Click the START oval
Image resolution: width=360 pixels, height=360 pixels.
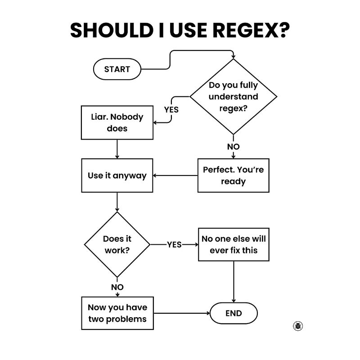117,69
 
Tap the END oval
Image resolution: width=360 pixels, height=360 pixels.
234,313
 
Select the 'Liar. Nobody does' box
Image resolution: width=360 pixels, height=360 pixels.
117,122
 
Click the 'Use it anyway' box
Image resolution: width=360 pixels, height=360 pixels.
117,175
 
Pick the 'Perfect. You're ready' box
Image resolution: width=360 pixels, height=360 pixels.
234,175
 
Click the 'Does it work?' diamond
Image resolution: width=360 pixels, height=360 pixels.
117,244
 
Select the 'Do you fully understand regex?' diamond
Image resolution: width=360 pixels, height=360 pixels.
234,96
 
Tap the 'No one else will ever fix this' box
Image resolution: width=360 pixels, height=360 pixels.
234,244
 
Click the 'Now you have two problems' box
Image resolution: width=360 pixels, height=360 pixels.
117,313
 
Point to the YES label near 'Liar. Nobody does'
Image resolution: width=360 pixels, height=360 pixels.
171,109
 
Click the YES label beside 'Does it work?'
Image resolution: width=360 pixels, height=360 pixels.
174,244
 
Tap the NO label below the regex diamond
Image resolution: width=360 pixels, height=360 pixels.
234,147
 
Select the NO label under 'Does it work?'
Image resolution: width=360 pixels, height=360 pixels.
117,287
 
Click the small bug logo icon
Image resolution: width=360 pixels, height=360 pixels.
297,326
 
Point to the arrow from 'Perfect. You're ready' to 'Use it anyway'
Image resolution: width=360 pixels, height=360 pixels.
175,175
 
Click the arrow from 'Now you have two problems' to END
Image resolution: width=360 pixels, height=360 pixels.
182,313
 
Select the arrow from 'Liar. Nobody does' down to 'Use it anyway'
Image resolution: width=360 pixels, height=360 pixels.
117,149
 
